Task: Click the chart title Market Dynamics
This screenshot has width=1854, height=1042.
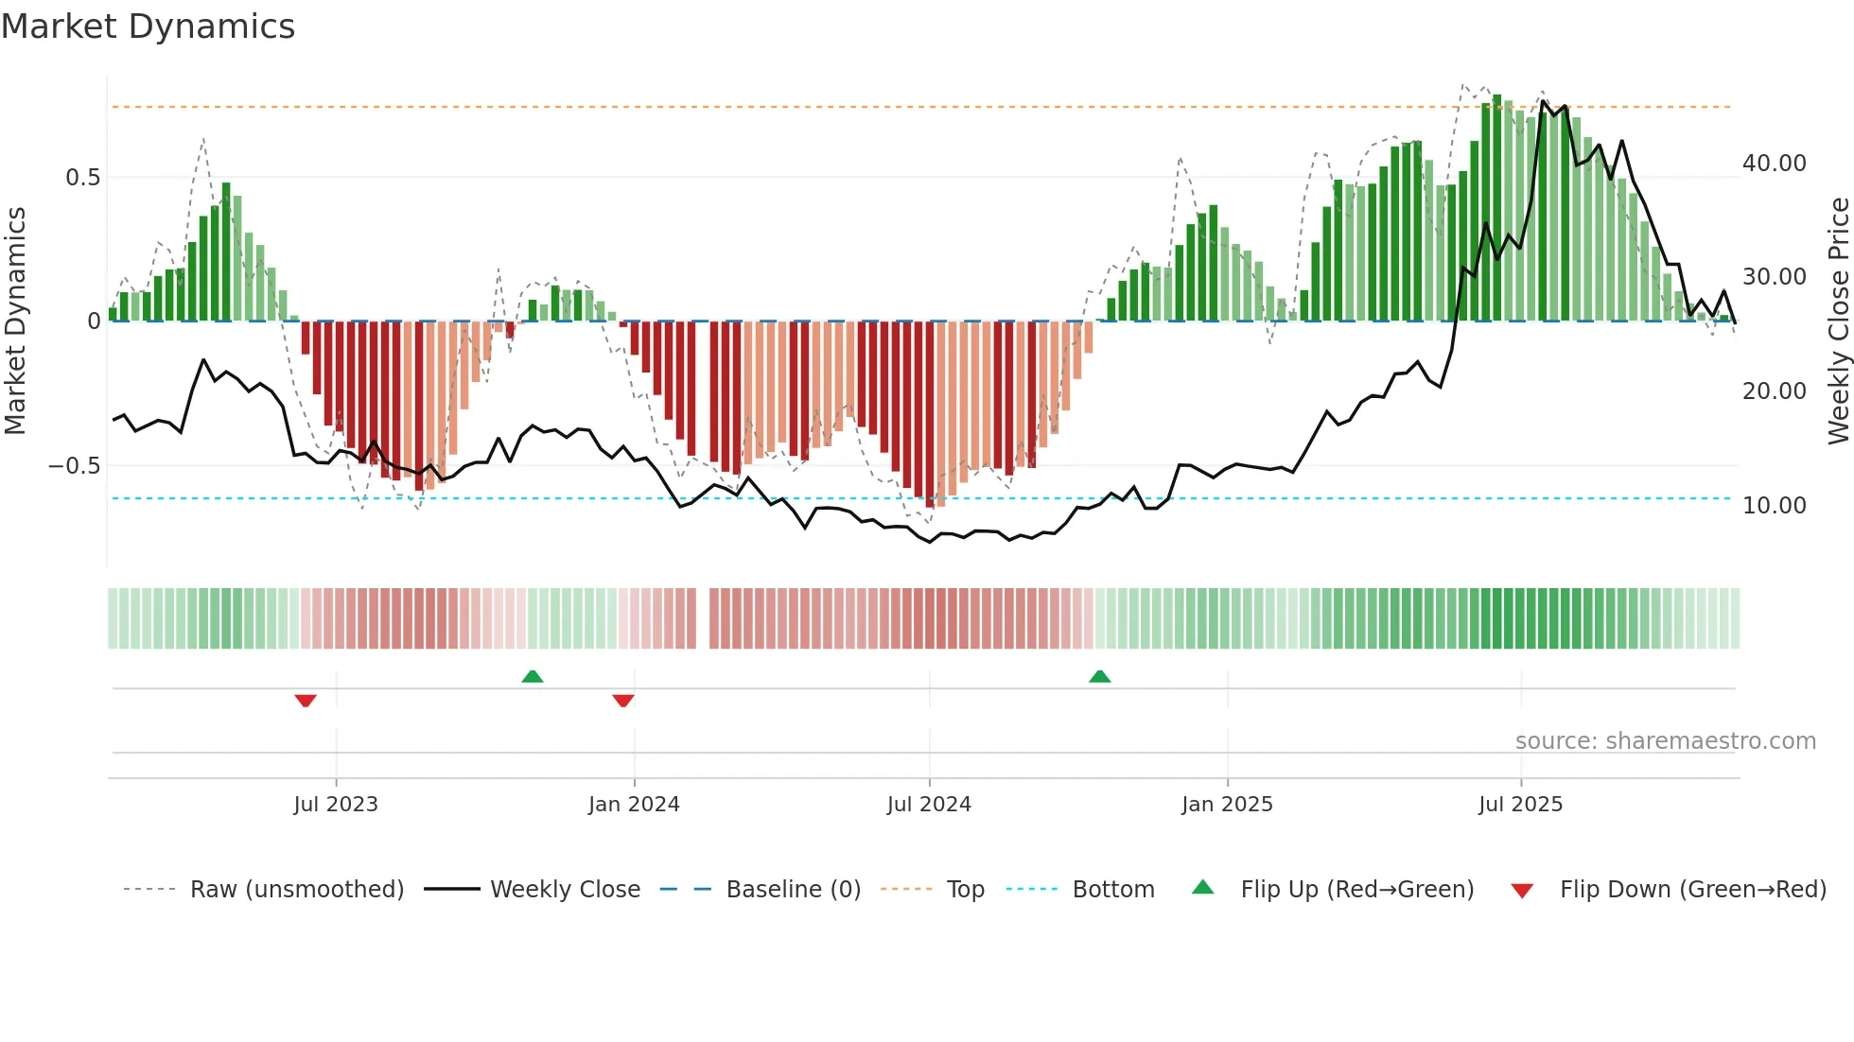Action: tap(148, 26)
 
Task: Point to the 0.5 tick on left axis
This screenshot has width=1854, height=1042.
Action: tap(82, 178)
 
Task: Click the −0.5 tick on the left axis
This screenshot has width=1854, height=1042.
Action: tap(75, 466)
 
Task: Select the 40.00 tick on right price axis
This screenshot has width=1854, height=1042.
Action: tap(1774, 164)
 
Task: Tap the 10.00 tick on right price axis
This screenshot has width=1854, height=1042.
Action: tap(1774, 506)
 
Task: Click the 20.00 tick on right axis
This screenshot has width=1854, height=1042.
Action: tap(1774, 391)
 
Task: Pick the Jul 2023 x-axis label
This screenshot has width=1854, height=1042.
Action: tap(336, 805)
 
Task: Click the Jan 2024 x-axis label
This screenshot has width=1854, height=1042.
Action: tap(634, 805)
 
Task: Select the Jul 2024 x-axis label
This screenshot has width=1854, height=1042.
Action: tap(929, 805)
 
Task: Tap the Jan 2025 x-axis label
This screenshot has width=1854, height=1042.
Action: tap(1227, 805)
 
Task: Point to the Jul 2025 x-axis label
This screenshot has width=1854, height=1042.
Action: tap(1520, 805)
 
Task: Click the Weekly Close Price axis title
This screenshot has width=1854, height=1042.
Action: tap(1838, 321)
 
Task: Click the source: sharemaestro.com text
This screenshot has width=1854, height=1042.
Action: tap(1665, 741)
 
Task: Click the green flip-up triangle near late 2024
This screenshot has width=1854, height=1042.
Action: tap(1099, 677)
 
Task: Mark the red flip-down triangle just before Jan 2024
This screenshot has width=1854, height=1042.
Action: tap(622, 701)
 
